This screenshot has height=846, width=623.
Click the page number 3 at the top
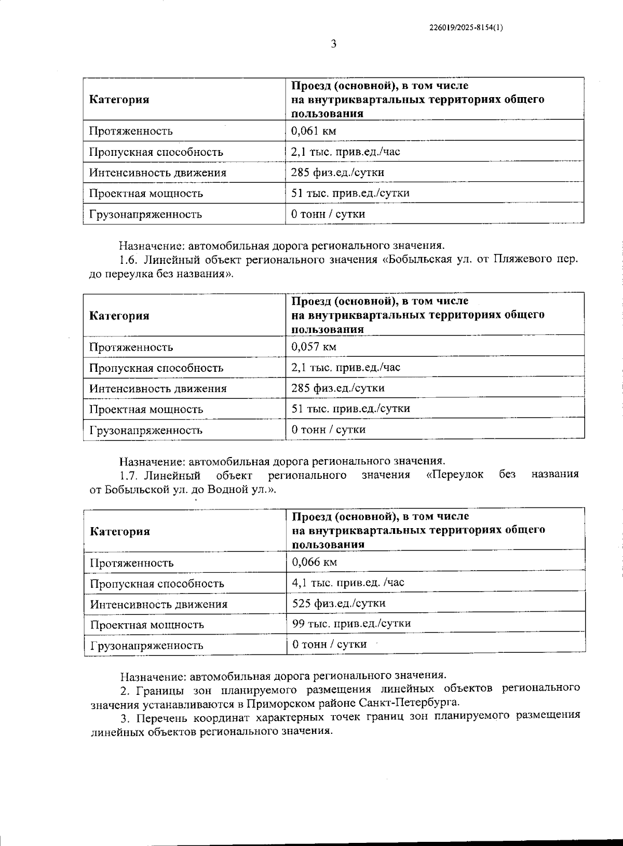click(x=334, y=44)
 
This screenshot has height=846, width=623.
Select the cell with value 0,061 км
click(x=314, y=131)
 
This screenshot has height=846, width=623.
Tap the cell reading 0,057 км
click(x=314, y=346)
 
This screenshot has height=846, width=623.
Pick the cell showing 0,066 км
click(x=315, y=562)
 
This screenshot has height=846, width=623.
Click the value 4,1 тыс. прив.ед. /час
click(x=348, y=583)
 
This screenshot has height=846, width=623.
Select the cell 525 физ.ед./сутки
click(x=339, y=603)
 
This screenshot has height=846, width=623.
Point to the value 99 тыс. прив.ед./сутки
click(x=351, y=624)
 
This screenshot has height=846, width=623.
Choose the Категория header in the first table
click(x=119, y=100)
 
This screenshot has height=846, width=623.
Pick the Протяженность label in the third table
click(x=132, y=563)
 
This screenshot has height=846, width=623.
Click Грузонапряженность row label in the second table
click(x=146, y=430)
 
